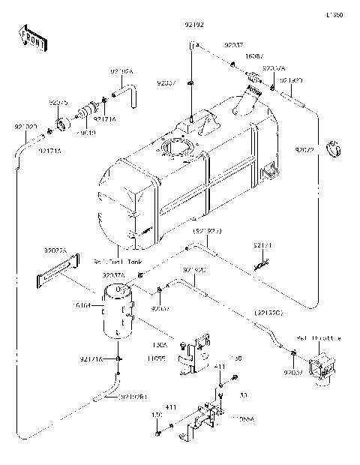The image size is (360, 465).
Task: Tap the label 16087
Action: pyautogui.click(x=233, y=55)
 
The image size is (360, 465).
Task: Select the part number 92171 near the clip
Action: pyautogui.click(x=259, y=245)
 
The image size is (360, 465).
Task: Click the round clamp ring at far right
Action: pyautogui.click(x=337, y=156)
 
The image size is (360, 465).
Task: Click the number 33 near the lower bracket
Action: pyautogui.click(x=242, y=395)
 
